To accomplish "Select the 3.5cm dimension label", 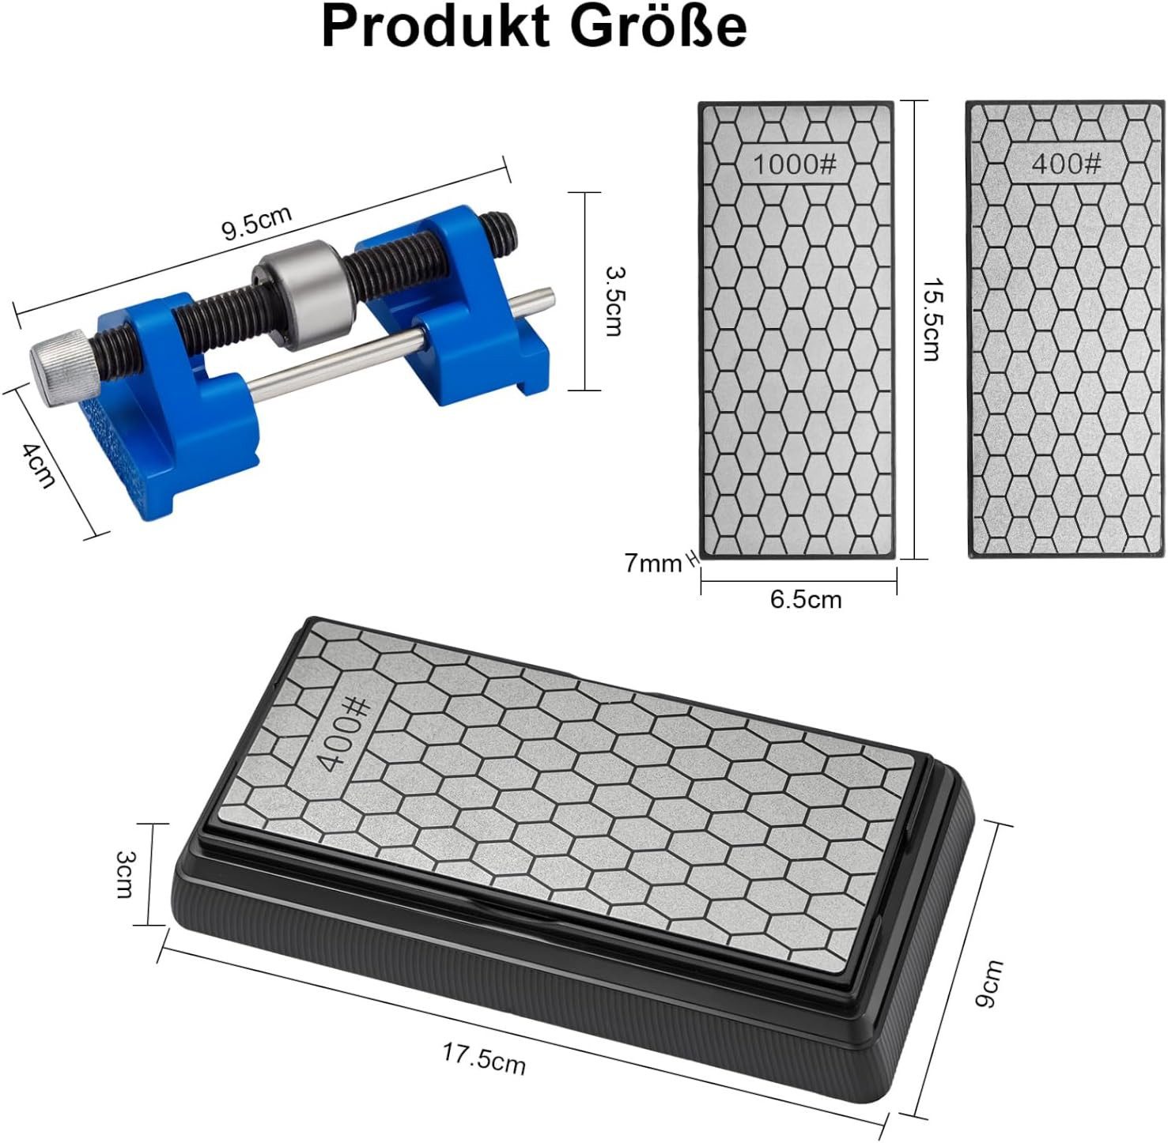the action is click(613, 301).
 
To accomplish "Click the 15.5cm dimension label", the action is click(932, 319).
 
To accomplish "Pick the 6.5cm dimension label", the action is click(806, 599).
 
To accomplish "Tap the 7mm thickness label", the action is click(653, 564).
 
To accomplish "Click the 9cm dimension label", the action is click(988, 983).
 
